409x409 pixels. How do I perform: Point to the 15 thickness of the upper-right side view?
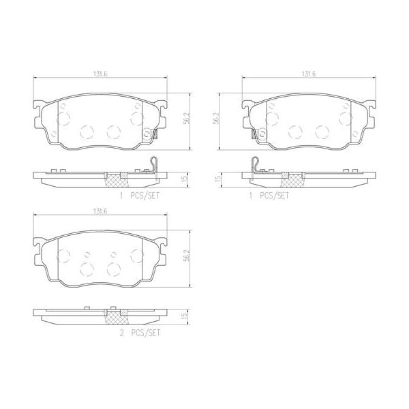point(217,179)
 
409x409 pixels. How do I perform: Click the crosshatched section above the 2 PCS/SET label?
point(115,317)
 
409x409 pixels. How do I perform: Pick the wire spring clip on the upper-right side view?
point(255,166)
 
